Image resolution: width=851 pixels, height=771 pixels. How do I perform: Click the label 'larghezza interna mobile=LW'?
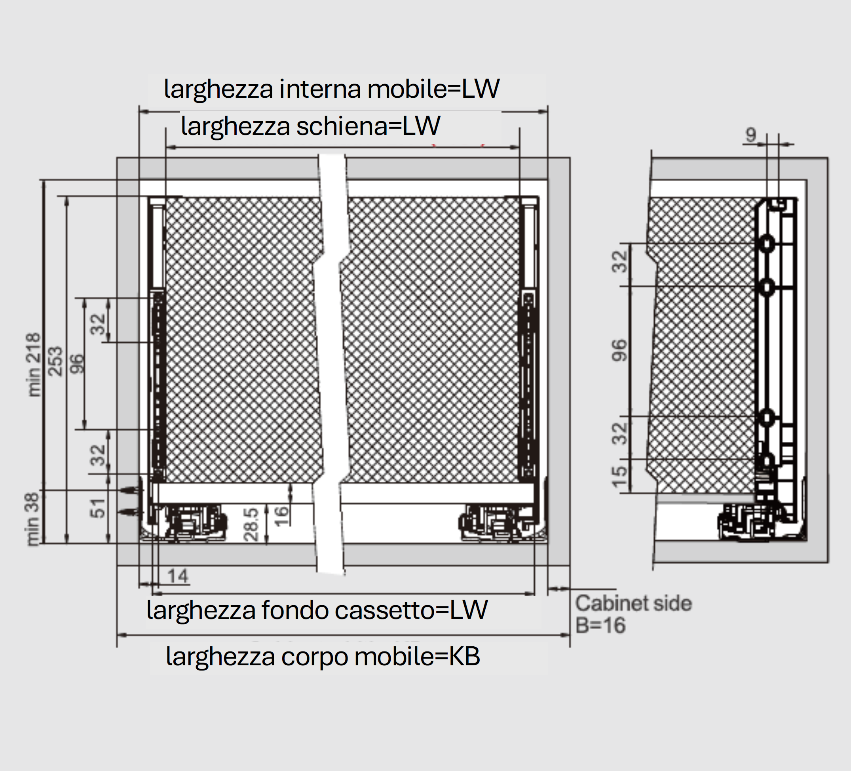tap(332, 89)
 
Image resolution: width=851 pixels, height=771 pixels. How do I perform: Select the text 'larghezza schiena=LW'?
tap(311, 126)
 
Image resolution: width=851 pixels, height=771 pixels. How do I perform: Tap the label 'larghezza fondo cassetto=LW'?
tap(317, 610)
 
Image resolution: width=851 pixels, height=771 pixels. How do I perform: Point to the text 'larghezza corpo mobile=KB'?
tap(323, 657)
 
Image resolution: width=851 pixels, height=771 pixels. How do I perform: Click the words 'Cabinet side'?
tap(634, 604)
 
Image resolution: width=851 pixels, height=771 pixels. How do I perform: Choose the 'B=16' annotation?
tap(600, 625)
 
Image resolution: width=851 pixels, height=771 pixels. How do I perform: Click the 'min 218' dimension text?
tap(34, 365)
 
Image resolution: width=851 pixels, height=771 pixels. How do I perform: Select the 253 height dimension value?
tap(55, 361)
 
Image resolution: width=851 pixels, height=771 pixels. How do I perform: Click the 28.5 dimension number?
tap(251, 524)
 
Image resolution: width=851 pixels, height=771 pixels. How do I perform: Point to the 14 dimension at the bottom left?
tap(177, 576)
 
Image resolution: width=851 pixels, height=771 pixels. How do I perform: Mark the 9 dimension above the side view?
tap(750, 135)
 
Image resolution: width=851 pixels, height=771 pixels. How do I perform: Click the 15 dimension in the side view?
tap(619, 476)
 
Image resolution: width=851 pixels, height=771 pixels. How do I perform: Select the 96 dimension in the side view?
tap(619, 350)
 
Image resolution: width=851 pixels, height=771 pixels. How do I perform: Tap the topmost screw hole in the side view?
tap(767, 244)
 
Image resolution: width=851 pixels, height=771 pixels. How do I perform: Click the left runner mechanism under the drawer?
tap(194, 522)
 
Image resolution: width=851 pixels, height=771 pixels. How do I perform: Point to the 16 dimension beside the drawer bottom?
tap(281, 516)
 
